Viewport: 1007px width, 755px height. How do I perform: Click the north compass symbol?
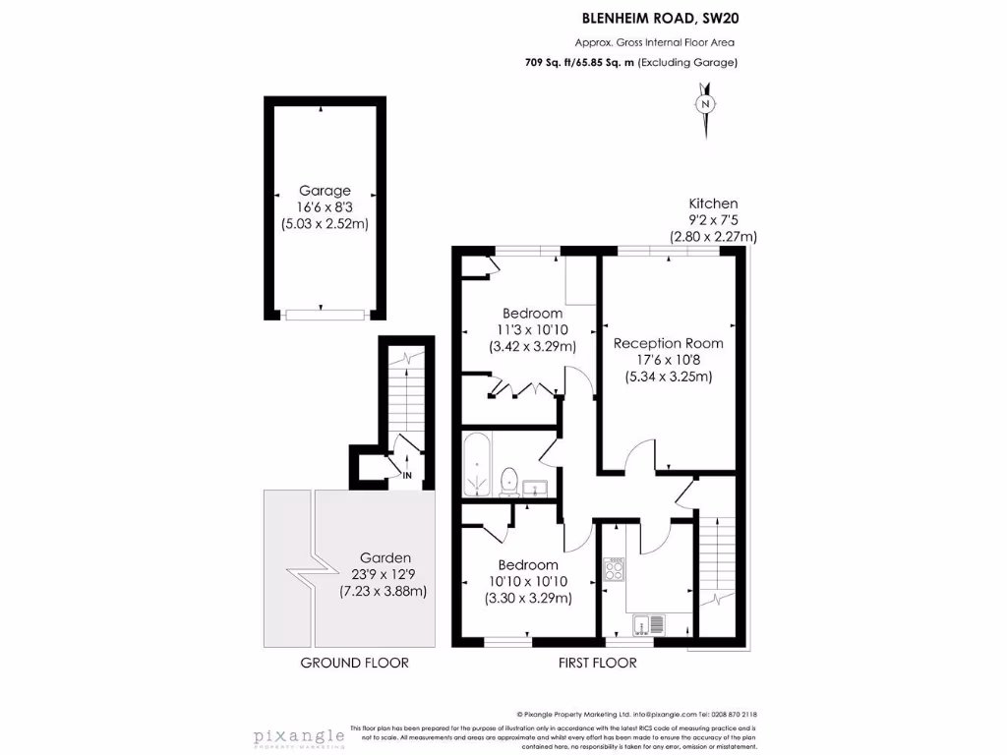point(704,104)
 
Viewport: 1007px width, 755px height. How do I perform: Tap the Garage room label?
point(325,191)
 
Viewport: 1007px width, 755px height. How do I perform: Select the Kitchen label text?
point(713,203)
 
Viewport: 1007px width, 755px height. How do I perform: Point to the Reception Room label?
point(668,343)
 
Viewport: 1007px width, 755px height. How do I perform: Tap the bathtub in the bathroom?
point(477,465)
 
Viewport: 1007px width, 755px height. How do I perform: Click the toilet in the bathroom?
point(509,481)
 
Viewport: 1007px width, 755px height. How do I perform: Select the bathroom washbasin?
point(537,487)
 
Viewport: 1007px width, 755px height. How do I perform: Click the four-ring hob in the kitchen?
point(615,571)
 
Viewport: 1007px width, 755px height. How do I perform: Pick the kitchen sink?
point(649,623)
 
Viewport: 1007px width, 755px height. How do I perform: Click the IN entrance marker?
point(406,476)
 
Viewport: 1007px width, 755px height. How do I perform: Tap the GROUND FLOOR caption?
point(354,663)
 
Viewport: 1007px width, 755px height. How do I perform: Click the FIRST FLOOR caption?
point(597,663)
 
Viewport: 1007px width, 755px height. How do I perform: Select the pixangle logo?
point(299,736)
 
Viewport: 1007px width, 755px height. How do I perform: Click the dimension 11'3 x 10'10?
point(532,329)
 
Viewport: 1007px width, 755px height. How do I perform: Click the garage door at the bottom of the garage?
point(325,314)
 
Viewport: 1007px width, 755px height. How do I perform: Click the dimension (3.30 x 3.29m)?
point(528,598)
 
